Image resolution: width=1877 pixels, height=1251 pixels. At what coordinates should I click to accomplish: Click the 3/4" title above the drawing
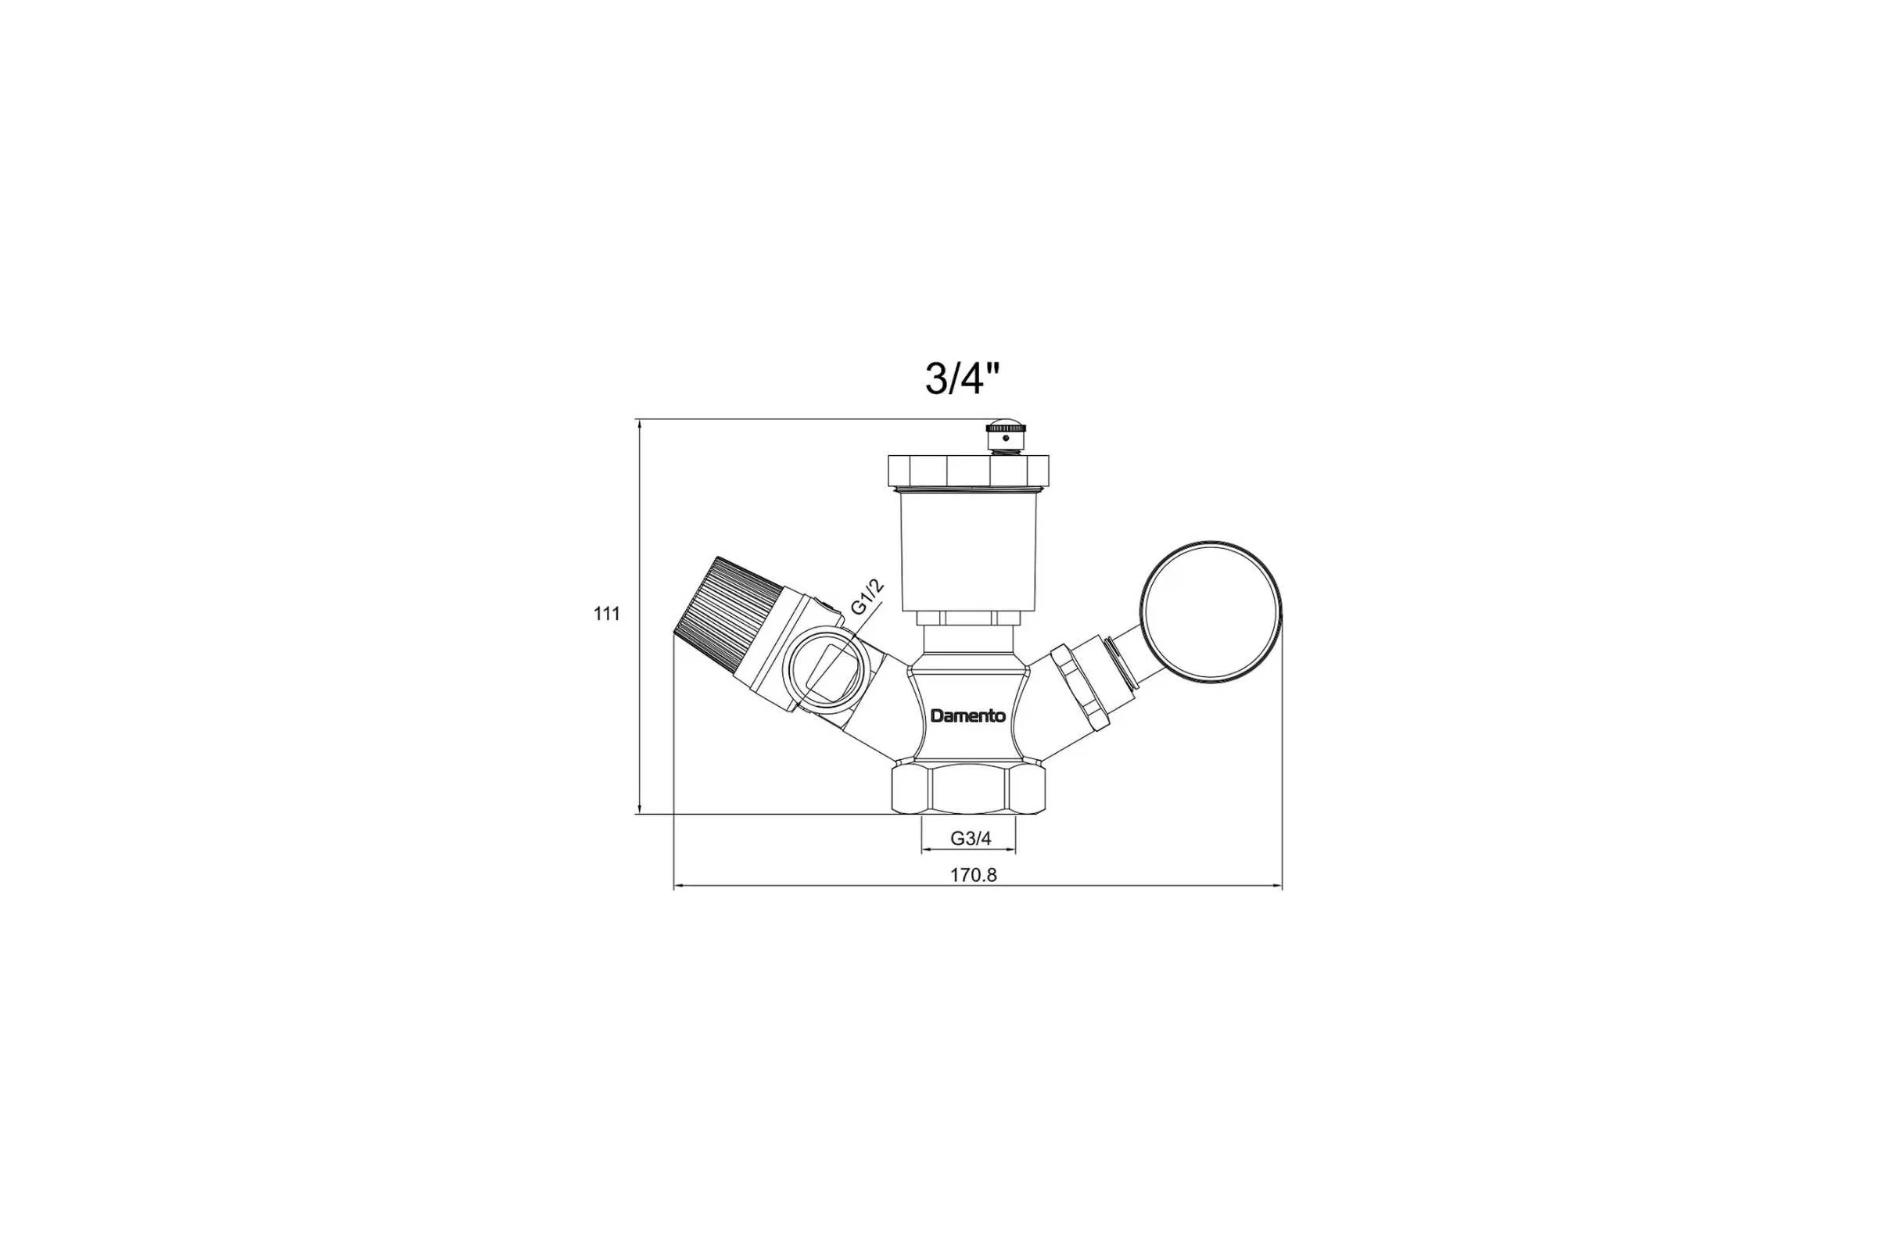pos(962,378)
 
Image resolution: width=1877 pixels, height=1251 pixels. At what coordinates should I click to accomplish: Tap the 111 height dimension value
pos(607,614)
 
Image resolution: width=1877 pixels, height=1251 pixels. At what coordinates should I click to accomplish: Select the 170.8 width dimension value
pos(973,874)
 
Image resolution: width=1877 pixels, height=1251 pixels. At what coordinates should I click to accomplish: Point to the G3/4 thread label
pos(971,838)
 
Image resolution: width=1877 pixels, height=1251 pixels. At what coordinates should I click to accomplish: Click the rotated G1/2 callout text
pos(867,597)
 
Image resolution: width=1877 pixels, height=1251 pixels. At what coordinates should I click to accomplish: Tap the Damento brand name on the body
pos(968,715)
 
